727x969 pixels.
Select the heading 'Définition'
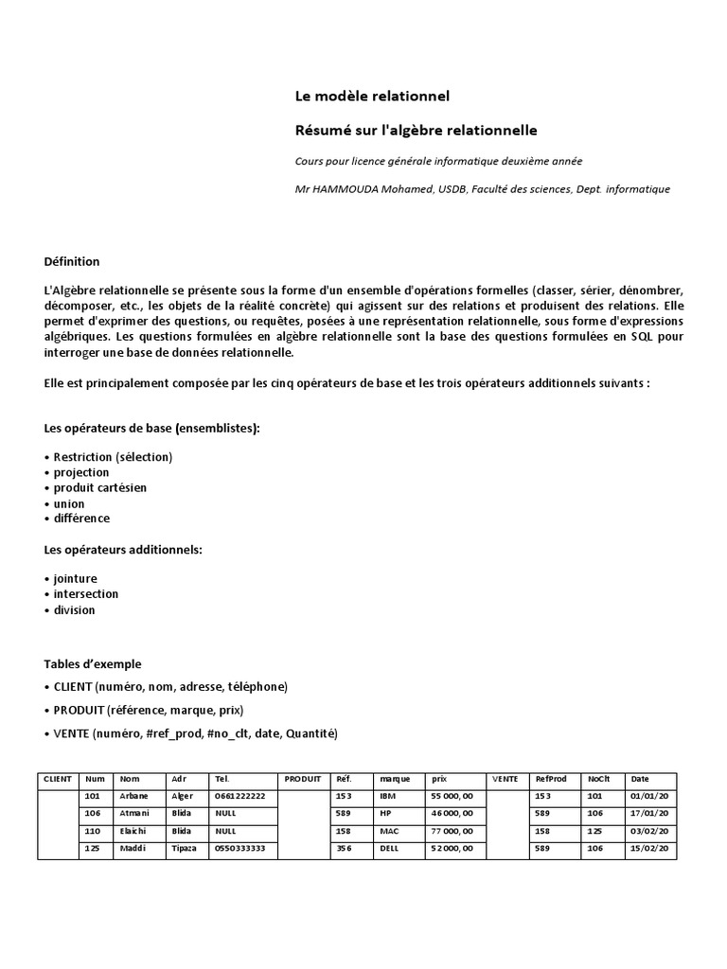pos(71,262)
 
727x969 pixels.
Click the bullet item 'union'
pos(68,503)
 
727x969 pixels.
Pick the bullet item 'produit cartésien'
pos(99,487)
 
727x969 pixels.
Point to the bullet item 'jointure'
pos(75,578)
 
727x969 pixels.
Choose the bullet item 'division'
pos(74,610)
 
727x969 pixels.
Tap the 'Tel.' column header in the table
pos(223,779)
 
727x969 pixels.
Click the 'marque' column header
pos(395,779)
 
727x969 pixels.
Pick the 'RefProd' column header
pos(550,779)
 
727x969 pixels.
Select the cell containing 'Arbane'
pos(133,797)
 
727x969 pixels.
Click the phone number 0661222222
pos(240,797)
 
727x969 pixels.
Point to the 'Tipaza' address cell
pos(184,849)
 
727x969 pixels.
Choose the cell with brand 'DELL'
pos(390,849)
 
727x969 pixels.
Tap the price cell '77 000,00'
pos(452,831)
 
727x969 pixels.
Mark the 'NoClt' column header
pos(598,779)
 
